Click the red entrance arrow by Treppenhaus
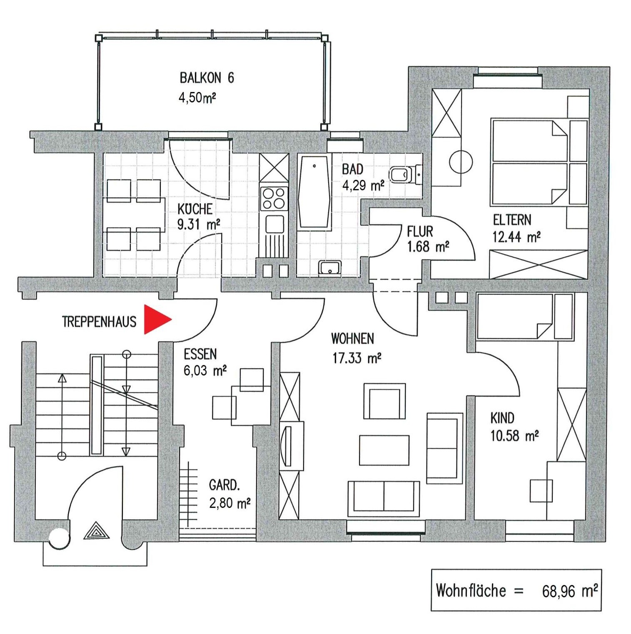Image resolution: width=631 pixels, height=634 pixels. point(156,319)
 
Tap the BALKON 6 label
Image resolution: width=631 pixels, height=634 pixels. point(207,78)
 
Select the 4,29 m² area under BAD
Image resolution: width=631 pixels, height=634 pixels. point(363,185)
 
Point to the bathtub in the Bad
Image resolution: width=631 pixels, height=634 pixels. point(314,193)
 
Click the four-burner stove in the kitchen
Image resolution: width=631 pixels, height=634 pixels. point(273,199)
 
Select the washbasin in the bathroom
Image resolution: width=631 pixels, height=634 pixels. point(330,268)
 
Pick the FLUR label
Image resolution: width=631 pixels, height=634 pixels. point(420,231)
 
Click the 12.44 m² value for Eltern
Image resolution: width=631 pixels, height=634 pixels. point(516,237)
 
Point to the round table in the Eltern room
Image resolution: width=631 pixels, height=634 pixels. point(461,162)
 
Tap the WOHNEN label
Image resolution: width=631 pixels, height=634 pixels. point(352,339)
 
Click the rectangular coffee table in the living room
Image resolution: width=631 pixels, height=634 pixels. point(384,450)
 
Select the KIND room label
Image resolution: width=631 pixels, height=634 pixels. point(502,418)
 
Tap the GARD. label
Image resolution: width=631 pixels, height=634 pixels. point(224,485)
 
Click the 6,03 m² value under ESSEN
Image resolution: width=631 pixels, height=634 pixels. point(205,370)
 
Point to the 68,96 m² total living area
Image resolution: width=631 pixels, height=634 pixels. point(570,590)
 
